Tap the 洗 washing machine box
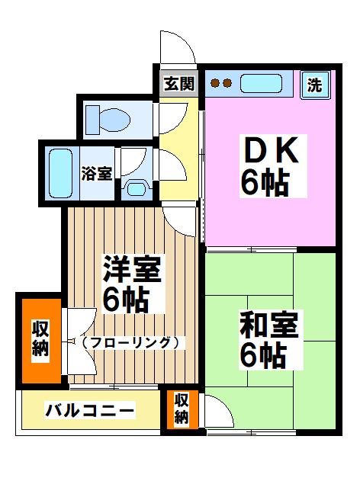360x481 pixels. [x=314, y=85]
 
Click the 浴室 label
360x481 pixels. [x=97, y=173]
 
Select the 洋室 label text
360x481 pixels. [x=132, y=269]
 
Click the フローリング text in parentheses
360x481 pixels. [x=131, y=342]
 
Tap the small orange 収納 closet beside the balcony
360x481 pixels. [x=182, y=409]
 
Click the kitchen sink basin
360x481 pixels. [x=262, y=82]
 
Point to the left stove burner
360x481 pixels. [x=215, y=82]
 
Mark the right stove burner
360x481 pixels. [x=227, y=82]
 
